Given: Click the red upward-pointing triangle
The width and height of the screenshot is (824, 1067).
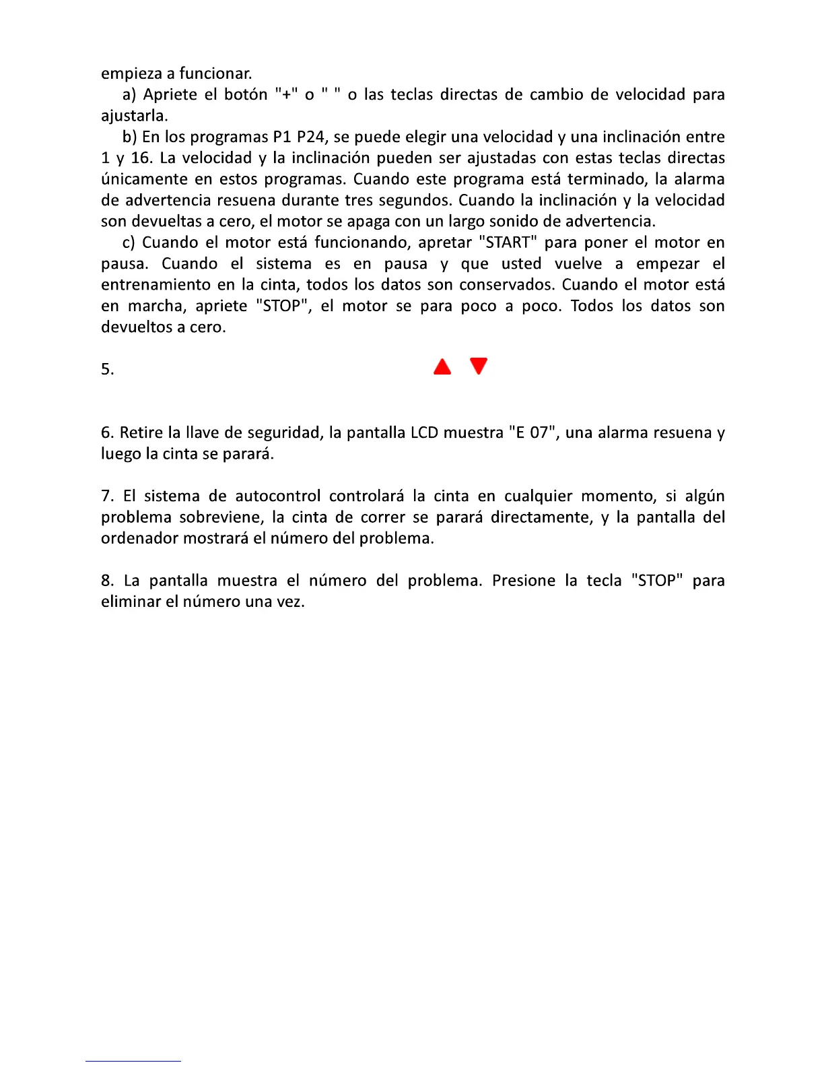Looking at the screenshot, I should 442,367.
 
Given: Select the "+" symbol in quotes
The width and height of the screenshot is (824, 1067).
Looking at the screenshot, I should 286,94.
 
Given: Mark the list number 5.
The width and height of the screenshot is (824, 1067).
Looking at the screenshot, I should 107,369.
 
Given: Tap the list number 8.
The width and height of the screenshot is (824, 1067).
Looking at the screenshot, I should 107,581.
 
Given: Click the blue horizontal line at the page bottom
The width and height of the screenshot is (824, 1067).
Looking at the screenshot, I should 133,1061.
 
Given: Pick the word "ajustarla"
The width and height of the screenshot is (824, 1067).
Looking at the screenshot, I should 133,116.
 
